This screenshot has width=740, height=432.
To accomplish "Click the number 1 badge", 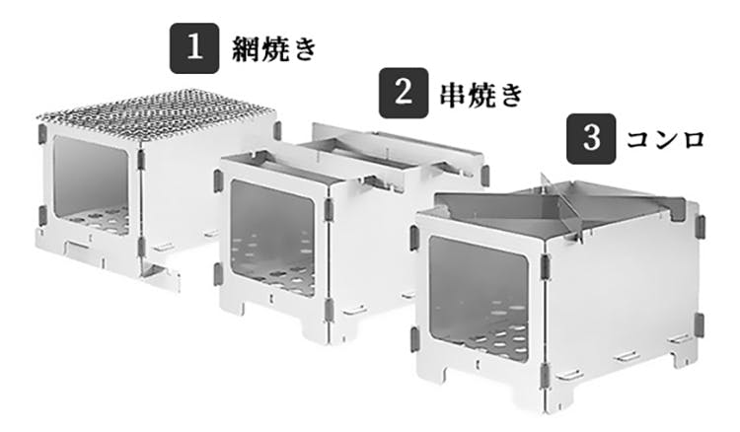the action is pyautogui.click(x=194, y=48).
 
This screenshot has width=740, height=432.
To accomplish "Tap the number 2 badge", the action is pyautogui.click(x=404, y=93).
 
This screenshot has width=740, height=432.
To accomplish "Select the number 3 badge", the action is pyautogui.click(x=591, y=139).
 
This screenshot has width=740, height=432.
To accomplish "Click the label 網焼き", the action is pyautogui.click(x=273, y=49).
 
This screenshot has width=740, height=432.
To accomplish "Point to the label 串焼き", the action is pyautogui.click(x=481, y=94).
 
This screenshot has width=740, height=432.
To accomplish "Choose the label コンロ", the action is pyautogui.click(x=665, y=140).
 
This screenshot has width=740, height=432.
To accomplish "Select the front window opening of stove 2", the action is pyautogui.click(x=272, y=238).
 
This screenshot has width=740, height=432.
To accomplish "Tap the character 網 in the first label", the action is pyautogui.click(x=246, y=49).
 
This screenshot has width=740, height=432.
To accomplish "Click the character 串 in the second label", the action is pyautogui.click(x=454, y=94).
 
